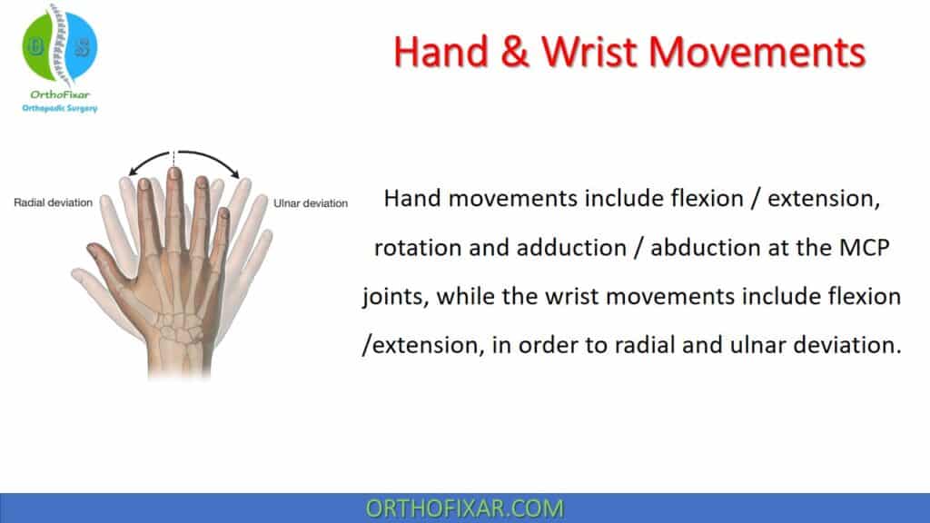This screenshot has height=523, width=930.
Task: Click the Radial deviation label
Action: [53, 202]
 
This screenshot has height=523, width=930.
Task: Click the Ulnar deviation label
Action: [311, 202]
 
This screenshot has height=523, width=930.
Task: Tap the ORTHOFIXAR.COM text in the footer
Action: [464, 508]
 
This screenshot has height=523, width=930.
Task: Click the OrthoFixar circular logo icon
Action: [59, 47]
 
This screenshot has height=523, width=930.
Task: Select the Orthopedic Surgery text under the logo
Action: [60, 109]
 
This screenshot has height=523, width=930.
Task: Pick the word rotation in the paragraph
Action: [415, 248]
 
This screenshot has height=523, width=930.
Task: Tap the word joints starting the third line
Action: [391, 298]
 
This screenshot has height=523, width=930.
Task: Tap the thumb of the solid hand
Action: [102, 252]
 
